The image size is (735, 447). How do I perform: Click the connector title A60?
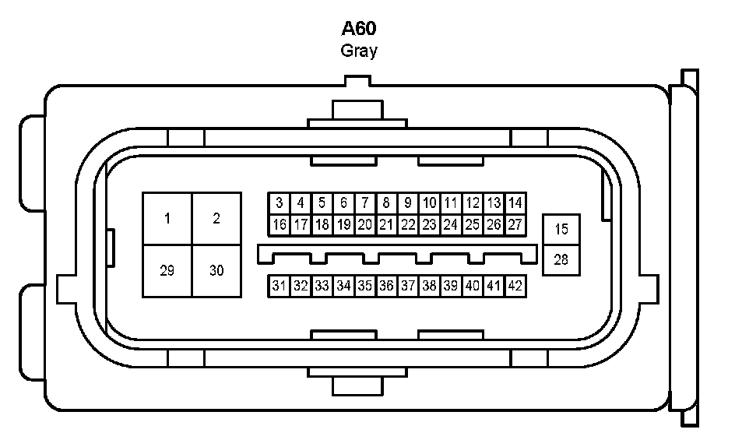coord(359,30)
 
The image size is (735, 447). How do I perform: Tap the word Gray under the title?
coord(359,51)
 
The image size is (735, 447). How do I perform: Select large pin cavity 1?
coord(167,218)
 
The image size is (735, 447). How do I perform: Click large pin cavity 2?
coord(216,218)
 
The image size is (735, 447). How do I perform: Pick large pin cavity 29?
coord(167,270)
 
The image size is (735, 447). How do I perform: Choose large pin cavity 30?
coord(216,270)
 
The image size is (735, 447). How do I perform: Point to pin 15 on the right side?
coord(561,231)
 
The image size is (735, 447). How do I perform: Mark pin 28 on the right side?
coord(561,259)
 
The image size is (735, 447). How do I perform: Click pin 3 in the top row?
coord(280,203)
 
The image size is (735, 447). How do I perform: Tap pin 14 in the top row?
coord(515,203)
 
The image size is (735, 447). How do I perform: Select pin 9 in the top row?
coord(407,203)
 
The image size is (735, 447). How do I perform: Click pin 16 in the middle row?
coord(280,225)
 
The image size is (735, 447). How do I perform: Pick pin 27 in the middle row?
coord(515,225)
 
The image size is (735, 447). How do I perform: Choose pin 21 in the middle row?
coord(386,225)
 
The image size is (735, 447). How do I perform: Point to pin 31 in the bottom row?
coord(280,286)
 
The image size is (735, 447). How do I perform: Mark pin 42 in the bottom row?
coord(515,286)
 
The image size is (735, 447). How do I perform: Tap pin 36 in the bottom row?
coord(386,286)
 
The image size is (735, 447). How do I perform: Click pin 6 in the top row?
coord(343,203)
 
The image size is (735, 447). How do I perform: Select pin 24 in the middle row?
coord(450,225)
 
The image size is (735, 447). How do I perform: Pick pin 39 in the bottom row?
coord(450,286)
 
